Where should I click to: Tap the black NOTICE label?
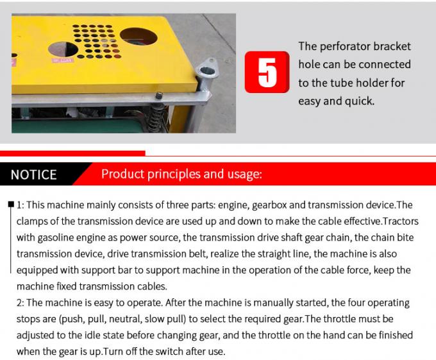(x=34, y=175)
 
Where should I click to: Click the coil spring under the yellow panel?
(x=155, y=116)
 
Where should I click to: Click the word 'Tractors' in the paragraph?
(x=391, y=222)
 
